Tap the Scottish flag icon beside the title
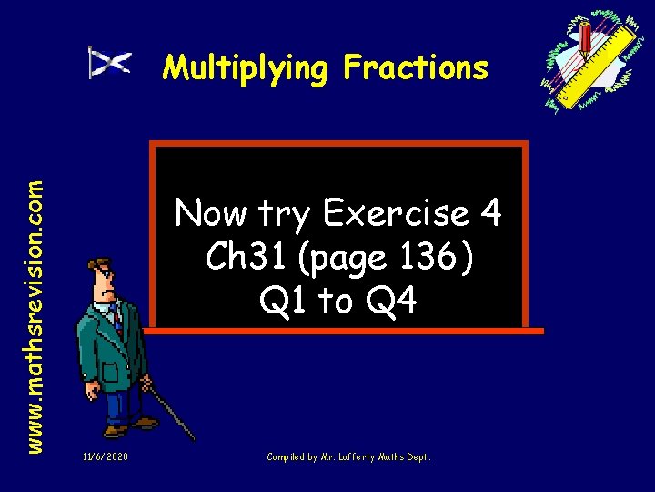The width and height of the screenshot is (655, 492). tap(110, 63)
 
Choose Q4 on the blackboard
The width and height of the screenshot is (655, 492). tap(392, 300)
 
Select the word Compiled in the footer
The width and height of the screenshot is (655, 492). tap(285, 456)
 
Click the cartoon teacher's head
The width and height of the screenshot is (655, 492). tap(102, 278)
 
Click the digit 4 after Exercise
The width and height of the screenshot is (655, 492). tap(489, 214)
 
